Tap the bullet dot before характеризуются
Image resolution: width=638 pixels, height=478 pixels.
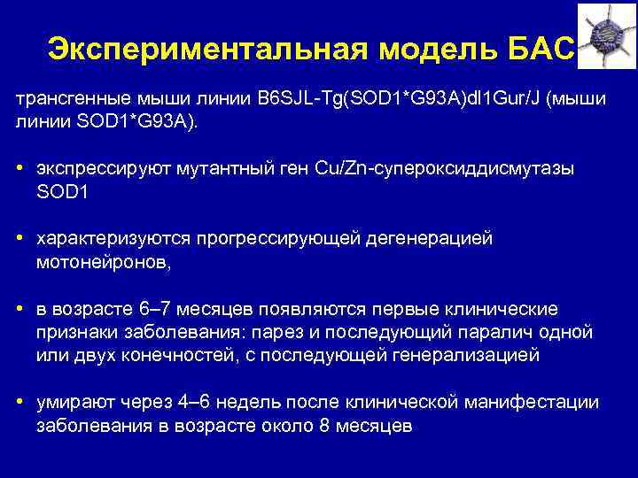(19, 239)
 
